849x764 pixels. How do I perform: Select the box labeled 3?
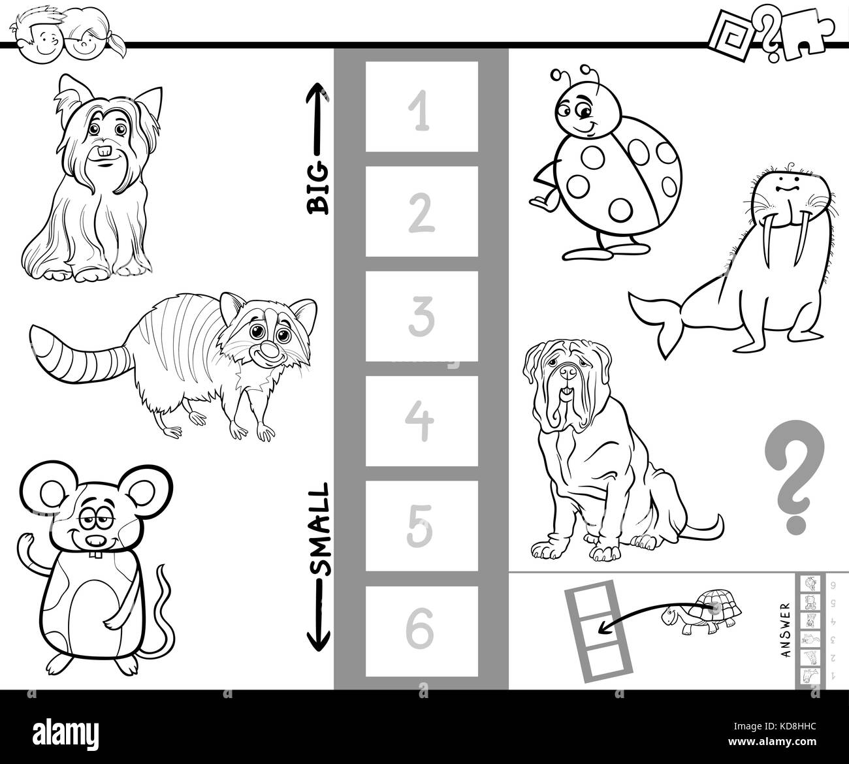pyautogui.click(x=421, y=316)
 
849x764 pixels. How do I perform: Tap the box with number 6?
pyautogui.click(x=421, y=631)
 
